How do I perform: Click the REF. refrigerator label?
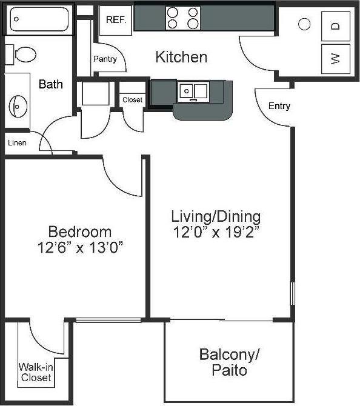pos(115,19)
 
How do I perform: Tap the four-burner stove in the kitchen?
pos(183,18)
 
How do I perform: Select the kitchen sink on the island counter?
pos(193,92)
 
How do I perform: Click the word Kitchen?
pos(181,58)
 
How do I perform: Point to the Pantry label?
pos(105,59)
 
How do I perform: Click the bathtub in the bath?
pos(40,19)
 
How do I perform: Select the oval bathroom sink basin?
pos(19,107)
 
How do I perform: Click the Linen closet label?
pos(17,143)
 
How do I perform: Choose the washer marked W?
pos(335,58)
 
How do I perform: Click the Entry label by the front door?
pos(279,106)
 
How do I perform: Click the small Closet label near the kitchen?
pos(132,100)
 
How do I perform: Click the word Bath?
pos(50,84)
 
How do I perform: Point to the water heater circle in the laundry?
pos(305,24)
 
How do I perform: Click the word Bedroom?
pos(80,231)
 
